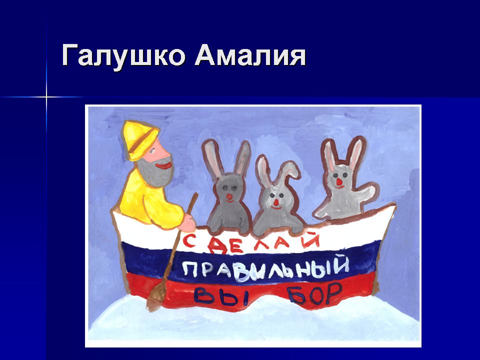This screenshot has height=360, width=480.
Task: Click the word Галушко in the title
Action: (123, 55)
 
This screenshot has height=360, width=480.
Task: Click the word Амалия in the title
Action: (250, 55)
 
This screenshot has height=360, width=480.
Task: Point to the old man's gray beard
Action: (155, 172)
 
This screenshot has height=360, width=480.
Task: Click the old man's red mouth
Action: (164, 165)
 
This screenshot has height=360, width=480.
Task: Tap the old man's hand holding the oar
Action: (187, 223)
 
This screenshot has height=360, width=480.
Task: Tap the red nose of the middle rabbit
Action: (276, 202)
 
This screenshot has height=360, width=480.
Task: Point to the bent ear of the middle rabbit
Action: (288, 171)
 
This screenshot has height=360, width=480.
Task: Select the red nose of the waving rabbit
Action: (339, 182)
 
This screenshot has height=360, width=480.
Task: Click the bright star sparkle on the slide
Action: (46, 97)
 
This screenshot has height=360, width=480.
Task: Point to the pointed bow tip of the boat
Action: (395, 205)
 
